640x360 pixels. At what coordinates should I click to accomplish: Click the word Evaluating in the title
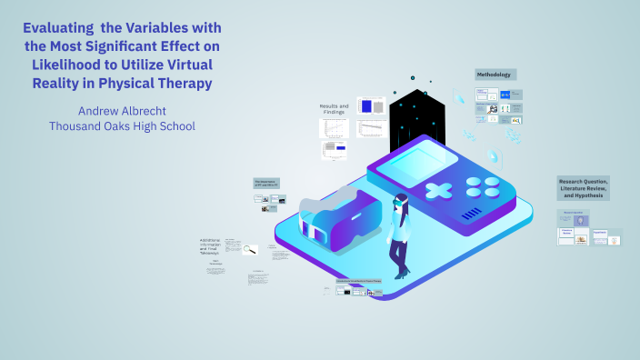tap(60, 29)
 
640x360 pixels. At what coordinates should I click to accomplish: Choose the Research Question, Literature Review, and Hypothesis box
tap(584, 188)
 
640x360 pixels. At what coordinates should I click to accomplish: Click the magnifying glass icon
tap(247, 248)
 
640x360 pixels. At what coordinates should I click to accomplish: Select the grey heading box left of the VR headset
tap(265, 182)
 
